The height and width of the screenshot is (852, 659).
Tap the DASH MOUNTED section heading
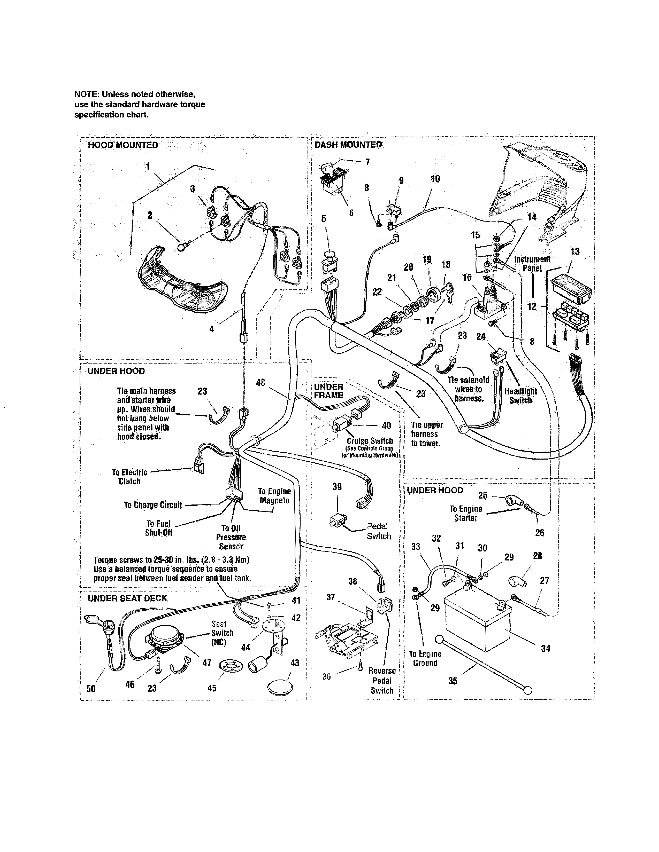coord(348,145)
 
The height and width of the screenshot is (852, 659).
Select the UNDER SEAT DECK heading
coord(127,598)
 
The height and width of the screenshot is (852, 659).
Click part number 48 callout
coord(260,383)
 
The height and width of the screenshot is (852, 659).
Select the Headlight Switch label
coord(520,396)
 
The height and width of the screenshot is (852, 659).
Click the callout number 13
coord(575,252)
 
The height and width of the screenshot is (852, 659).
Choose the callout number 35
coord(453,681)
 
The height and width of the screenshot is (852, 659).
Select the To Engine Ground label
coord(425,659)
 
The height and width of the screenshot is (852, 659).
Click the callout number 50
coord(90,689)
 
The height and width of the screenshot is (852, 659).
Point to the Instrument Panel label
coord(532,264)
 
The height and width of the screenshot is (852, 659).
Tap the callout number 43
coord(295,663)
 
